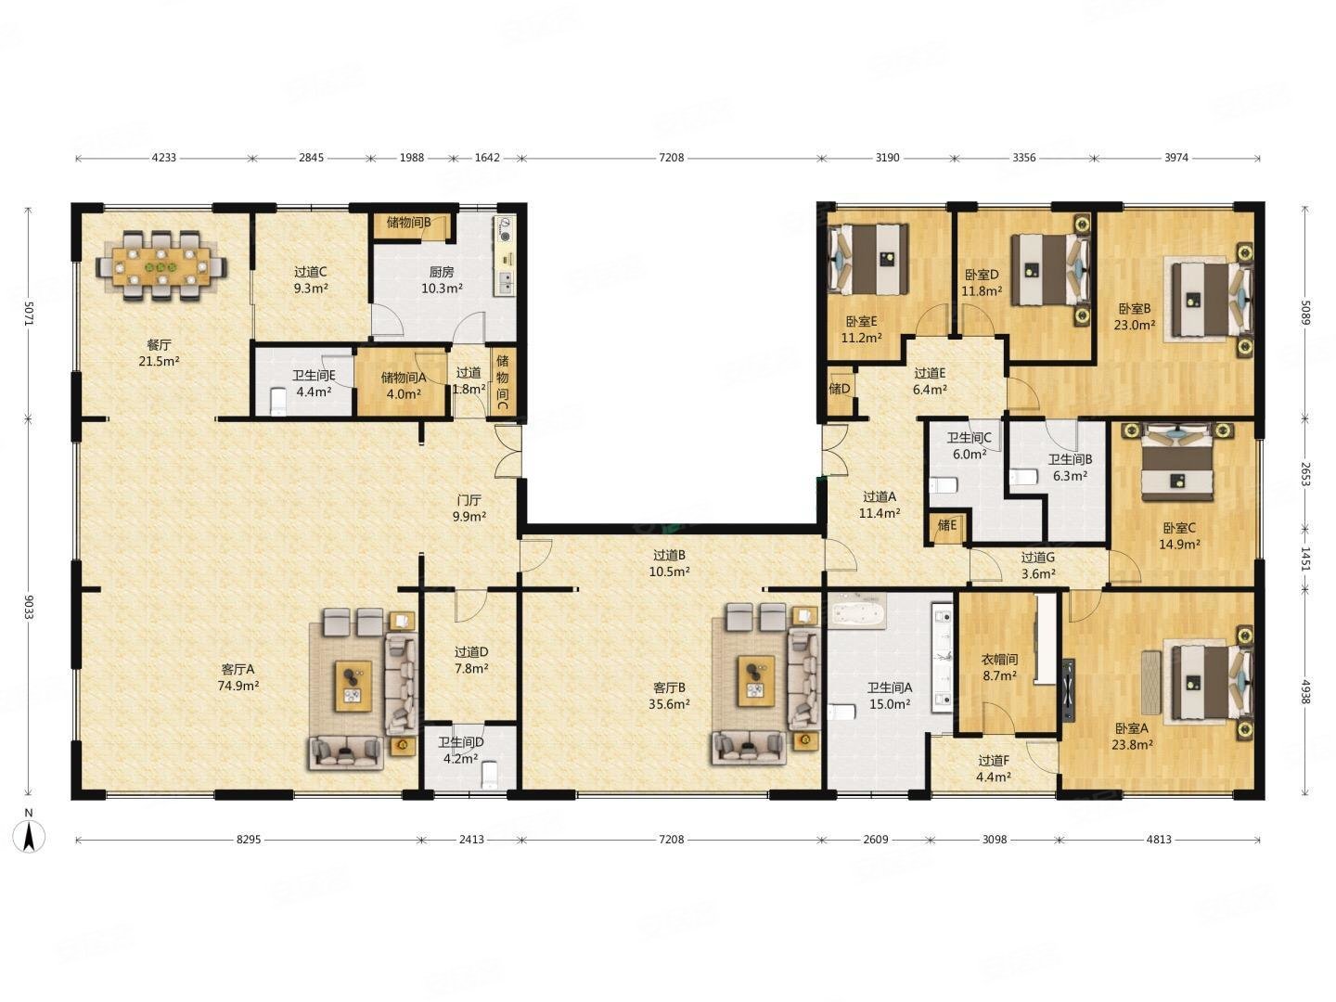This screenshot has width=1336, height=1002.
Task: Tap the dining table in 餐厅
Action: pyautogui.click(x=161, y=266)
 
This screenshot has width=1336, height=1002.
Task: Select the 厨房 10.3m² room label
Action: pyautogui.click(x=442, y=280)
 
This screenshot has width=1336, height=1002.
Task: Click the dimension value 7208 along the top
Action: pyautogui.click(x=672, y=158)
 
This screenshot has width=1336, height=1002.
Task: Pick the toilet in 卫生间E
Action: pyautogui.click(x=278, y=401)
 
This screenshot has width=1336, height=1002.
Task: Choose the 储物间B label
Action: pyautogui.click(x=409, y=222)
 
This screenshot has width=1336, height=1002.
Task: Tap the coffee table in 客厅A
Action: pyautogui.click(x=353, y=686)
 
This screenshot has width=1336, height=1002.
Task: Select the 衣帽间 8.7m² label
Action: pyautogui.click(x=999, y=667)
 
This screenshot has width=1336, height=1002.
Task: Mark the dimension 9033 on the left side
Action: pyautogui.click(x=28, y=606)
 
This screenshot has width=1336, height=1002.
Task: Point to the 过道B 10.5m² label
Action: pyautogui.click(x=670, y=563)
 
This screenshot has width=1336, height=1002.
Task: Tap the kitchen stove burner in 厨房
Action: pyautogui.click(x=505, y=230)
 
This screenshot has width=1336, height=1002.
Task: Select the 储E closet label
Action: pyautogui.click(x=946, y=524)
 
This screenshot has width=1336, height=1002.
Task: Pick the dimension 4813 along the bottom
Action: pyautogui.click(x=1159, y=840)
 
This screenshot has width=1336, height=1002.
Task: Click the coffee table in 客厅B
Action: pyautogui.click(x=756, y=681)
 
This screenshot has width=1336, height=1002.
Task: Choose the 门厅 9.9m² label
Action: pyautogui.click(x=469, y=508)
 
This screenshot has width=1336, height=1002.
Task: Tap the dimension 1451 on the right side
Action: pyautogui.click(x=1305, y=559)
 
